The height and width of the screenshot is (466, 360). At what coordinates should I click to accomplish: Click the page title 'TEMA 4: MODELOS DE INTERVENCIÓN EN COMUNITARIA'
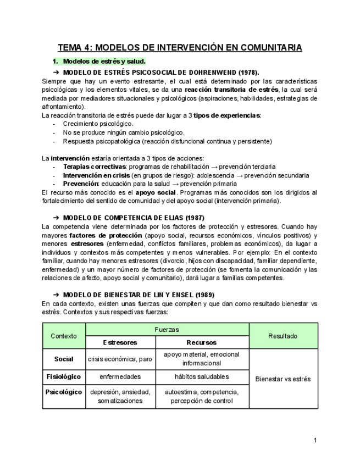click(x=180, y=48)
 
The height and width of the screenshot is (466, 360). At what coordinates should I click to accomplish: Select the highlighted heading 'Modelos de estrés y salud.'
click(x=104, y=62)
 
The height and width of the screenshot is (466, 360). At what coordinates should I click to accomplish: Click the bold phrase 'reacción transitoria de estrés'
click(x=231, y=90)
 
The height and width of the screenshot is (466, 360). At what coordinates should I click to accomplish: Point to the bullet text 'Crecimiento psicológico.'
click(x=98, y=124)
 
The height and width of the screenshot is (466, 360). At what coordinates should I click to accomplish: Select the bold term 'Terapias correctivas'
click(x=94, y=167)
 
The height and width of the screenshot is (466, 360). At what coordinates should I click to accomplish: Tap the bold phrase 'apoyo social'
click(x=156, y=192)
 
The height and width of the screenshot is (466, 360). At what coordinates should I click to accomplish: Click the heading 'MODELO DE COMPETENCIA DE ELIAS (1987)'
click(x=134, y=218)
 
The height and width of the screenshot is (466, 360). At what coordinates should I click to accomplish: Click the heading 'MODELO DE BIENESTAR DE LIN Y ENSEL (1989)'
click(x=139, y=295)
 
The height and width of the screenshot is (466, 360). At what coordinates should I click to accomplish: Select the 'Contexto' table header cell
click(x=64, y=336)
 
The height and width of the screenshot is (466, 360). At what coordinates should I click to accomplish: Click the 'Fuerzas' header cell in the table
click(x=167, y=330)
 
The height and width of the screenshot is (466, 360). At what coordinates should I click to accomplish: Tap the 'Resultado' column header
click(x=283, y=336)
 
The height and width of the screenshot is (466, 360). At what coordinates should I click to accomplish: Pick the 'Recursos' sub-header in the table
click(x=202, y=342)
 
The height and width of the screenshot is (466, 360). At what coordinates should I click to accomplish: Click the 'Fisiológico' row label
click(x=64, y=377)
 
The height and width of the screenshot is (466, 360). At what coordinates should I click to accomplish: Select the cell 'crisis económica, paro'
click(x=120, y=359)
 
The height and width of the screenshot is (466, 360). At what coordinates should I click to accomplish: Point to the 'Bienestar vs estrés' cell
click(x=283, y=379)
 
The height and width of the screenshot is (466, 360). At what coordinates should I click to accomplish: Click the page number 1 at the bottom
click(x=315, y=440)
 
